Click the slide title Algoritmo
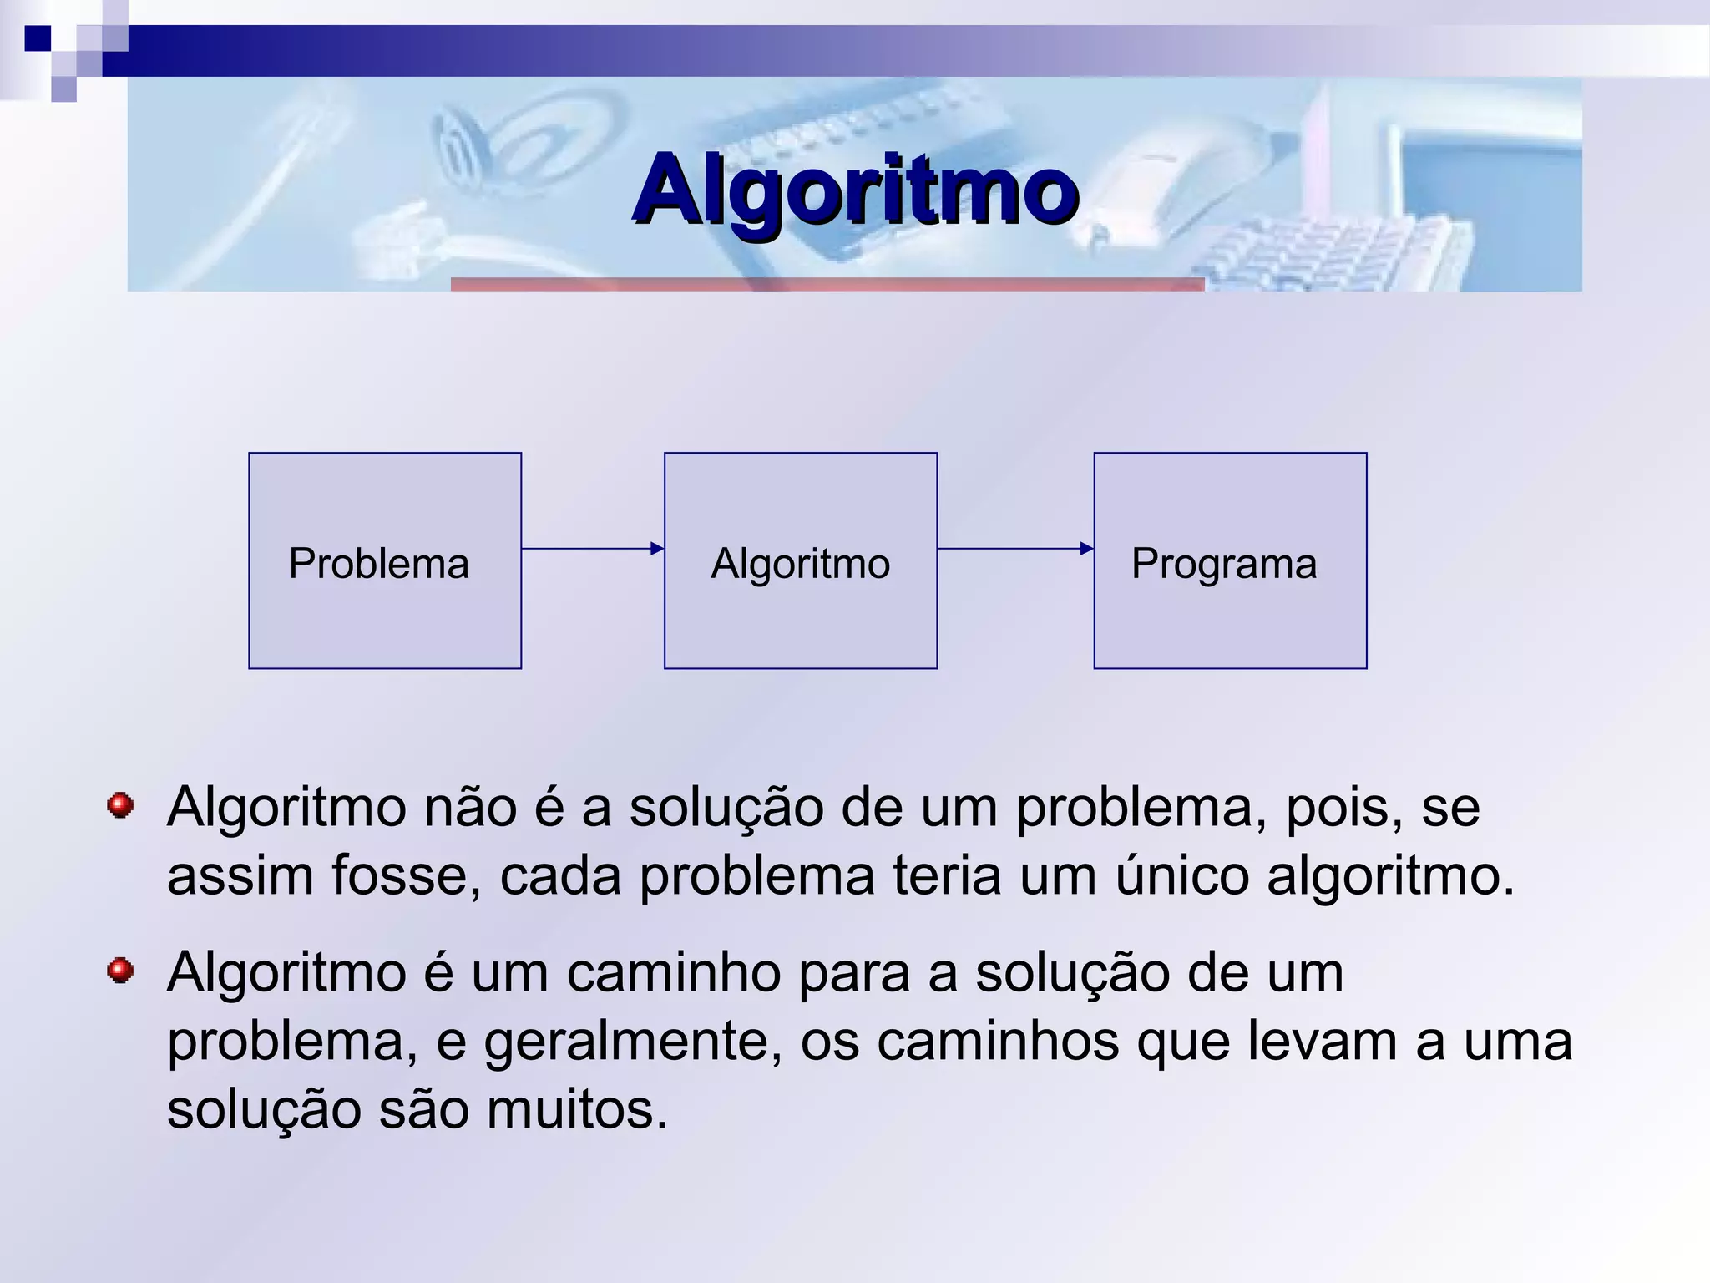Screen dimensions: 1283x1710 click(855, 190)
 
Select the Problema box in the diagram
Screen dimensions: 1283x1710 click(385, 560)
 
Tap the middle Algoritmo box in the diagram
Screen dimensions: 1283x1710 click(800, 560)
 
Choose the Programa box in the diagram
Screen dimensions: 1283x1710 click(1230, 560)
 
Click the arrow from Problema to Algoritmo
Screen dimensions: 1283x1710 click(593, 549)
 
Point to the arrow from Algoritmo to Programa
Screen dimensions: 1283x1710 click(1015, 549)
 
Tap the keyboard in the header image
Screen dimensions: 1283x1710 click(1336, 251)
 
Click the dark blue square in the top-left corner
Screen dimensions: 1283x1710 click(38, 38)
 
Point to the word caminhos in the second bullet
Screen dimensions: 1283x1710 click(998, 1042)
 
